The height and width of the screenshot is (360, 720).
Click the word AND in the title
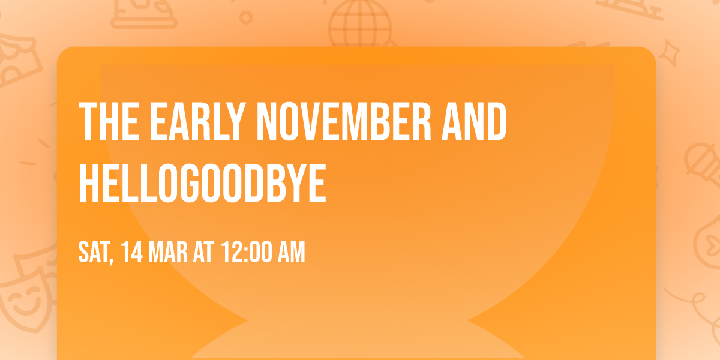[x=475, y=122]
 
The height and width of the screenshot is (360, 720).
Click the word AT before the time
[x=203, y=252]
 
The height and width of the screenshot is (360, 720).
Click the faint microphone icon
[x=701, y=159]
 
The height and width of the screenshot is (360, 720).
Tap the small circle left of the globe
[x=245, y=17]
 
